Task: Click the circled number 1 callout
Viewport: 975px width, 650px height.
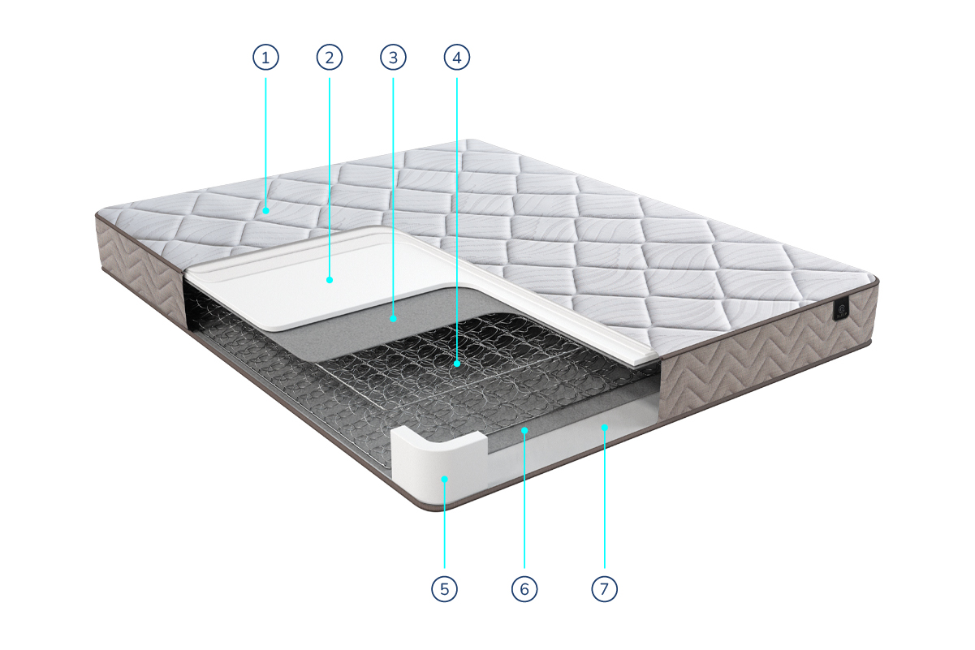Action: click(265, 57)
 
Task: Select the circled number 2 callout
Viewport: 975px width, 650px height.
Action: click(330, 57)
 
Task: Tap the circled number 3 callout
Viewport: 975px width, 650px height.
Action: click(393, 57)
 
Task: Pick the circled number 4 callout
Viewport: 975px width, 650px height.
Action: click(457, 57)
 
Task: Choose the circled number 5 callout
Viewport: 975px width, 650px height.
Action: click(444, 589)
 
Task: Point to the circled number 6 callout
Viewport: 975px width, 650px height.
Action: click(524, 589)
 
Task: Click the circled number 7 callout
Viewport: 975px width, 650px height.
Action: click(605, 589)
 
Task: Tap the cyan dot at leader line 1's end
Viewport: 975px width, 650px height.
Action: click(265, 210)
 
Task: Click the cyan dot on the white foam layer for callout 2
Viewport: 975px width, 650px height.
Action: click(330, 280)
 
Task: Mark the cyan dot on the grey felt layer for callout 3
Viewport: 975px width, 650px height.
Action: click(393, 318)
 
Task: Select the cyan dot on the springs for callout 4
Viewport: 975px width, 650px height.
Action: click(457, 364)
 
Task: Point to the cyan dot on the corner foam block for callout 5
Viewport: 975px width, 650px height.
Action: click(444, 479)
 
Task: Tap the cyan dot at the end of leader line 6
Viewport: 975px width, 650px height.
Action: click(524, 430)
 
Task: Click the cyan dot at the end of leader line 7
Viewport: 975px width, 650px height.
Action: click(605, 428)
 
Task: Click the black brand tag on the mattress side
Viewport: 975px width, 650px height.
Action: click(841, 309)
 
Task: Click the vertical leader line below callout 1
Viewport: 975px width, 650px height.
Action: click(265, 143)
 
